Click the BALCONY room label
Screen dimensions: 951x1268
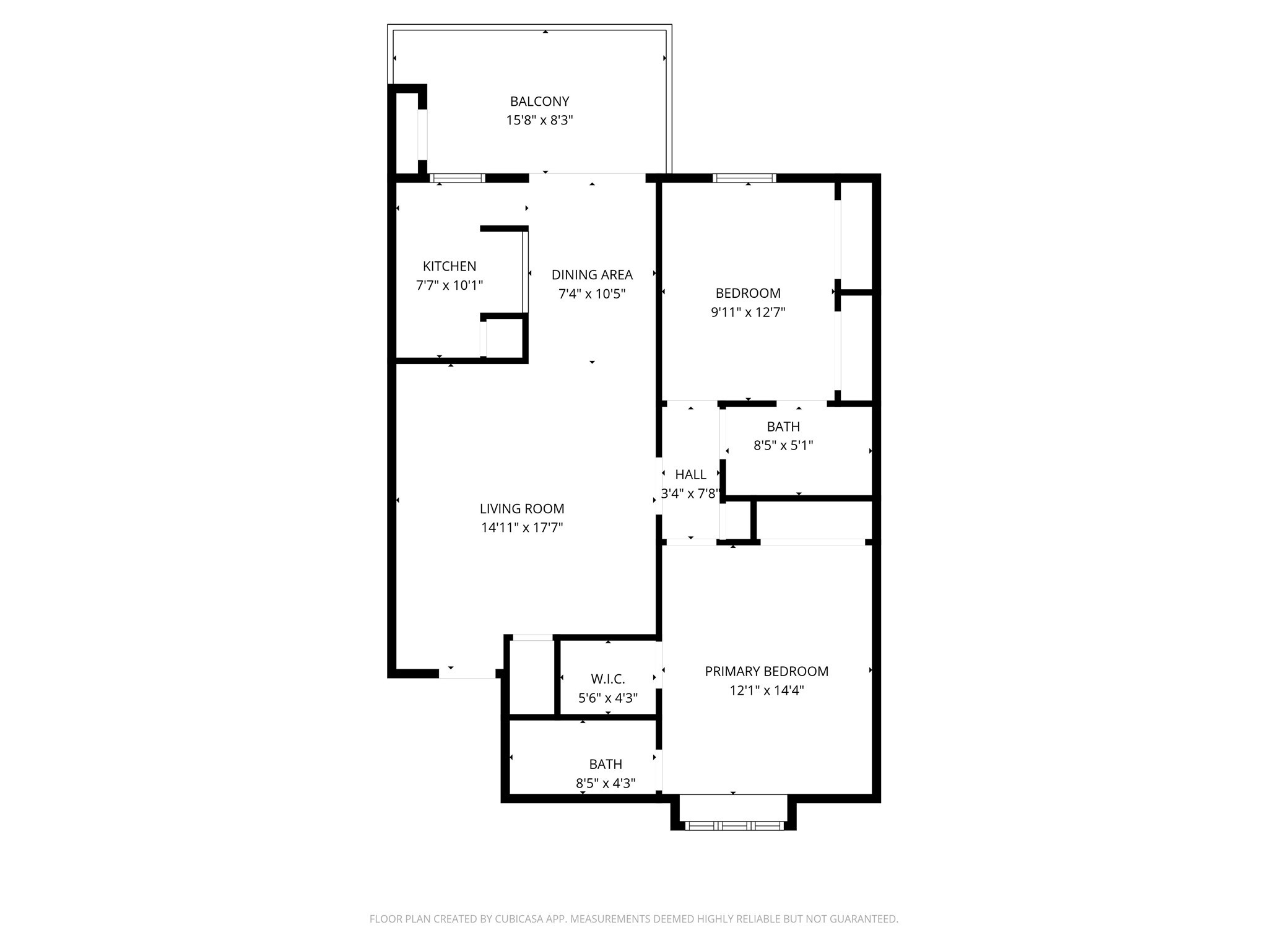click(539, 101)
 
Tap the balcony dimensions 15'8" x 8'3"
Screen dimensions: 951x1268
click(539, 120)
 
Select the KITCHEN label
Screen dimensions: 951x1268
click(449, 266)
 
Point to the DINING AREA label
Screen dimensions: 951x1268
click(592, 274)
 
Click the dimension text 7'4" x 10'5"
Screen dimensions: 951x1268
click(592, 293)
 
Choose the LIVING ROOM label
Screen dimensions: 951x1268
click(522, 508)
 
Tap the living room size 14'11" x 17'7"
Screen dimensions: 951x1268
click(522, 528)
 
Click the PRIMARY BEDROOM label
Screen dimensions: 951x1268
click(766, 671)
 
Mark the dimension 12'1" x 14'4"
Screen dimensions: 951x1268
click(766, 690)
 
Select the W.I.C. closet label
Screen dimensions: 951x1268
click(607, 679)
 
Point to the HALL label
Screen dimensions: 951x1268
click(690, 474)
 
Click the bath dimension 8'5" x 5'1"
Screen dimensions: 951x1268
click(783, 445)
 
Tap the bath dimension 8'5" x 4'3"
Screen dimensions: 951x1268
click(606, 783)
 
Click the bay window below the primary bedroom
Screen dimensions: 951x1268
click(733, 825)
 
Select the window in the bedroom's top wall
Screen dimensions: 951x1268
click(744, 178)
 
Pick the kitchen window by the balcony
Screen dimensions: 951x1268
click(458, 178)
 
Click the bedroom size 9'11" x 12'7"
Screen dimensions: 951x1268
click(748, 312)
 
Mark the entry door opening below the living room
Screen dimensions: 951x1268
click(467, 674)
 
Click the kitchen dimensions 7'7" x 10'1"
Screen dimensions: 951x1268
click(449, 285)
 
